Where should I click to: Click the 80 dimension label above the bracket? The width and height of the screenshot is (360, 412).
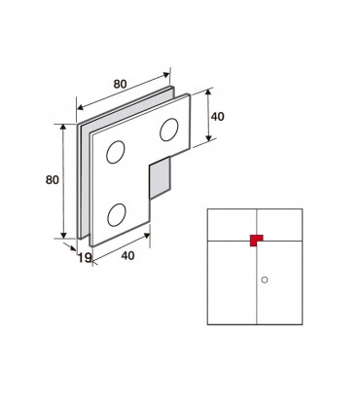coord(120,84)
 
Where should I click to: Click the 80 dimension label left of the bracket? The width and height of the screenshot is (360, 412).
coord(53,179)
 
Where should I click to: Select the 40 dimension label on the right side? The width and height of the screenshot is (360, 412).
coord(217,117)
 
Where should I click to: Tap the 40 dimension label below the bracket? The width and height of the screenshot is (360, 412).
coord(127,255)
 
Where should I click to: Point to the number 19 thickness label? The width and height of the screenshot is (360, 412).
coord(85,258)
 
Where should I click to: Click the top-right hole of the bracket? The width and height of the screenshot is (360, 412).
coord(169,130)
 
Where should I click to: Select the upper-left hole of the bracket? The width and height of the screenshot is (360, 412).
coord(116,152)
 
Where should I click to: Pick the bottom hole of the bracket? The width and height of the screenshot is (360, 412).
coord(117,215)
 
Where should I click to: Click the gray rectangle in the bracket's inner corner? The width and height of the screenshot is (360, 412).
coord(160,178)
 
